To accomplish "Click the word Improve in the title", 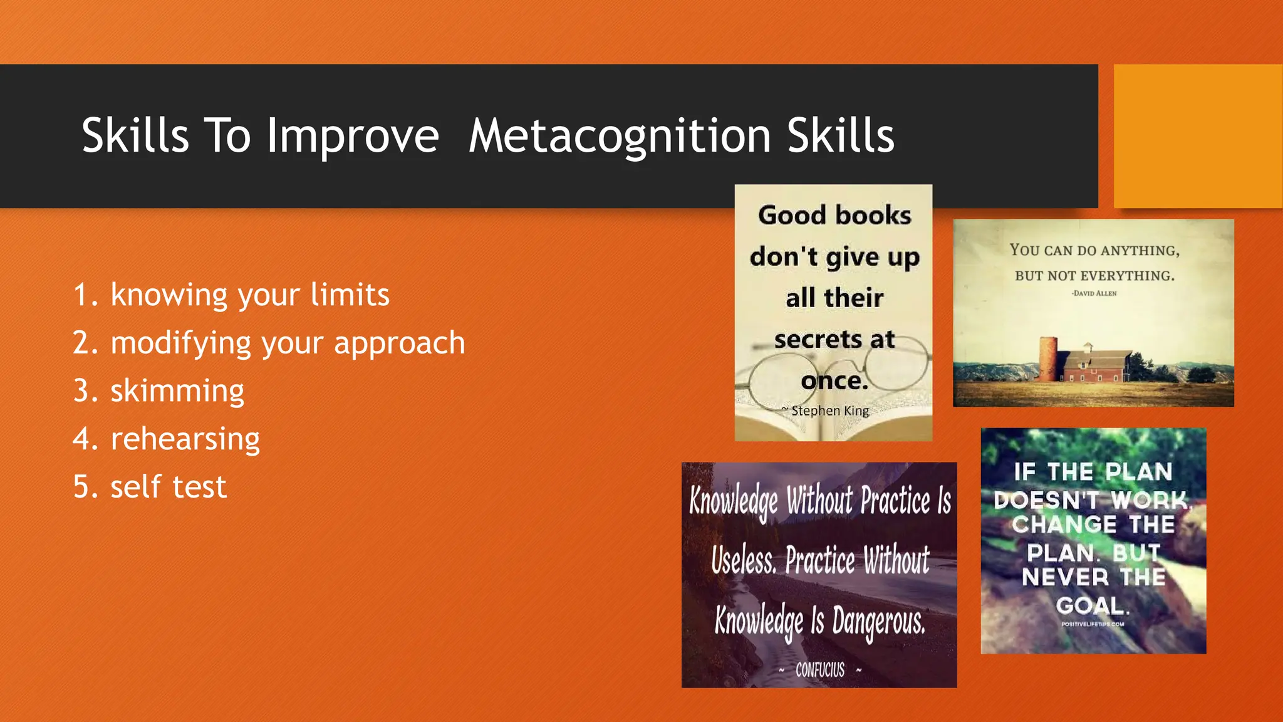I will [x=353, y=136].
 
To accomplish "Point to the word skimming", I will [x=177, y=391].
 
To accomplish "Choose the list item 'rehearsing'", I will [x=185, y=439].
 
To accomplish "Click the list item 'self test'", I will [x=168, y=487].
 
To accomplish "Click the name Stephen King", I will [x=829, y=411].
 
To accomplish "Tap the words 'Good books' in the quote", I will [x=834, y=216].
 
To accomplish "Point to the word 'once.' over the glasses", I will [x=834, y=380].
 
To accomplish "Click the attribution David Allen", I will [x=1094, y=293].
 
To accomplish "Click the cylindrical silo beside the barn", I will [x=1048, y=358].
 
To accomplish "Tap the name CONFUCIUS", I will [x=819, y=670].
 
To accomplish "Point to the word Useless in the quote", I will [x=743, y=560].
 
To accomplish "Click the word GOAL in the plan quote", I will [x=1093, y=605].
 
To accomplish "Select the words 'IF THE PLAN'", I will [x=1093, y=471].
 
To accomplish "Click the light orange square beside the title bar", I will [x=1197, y=136].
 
